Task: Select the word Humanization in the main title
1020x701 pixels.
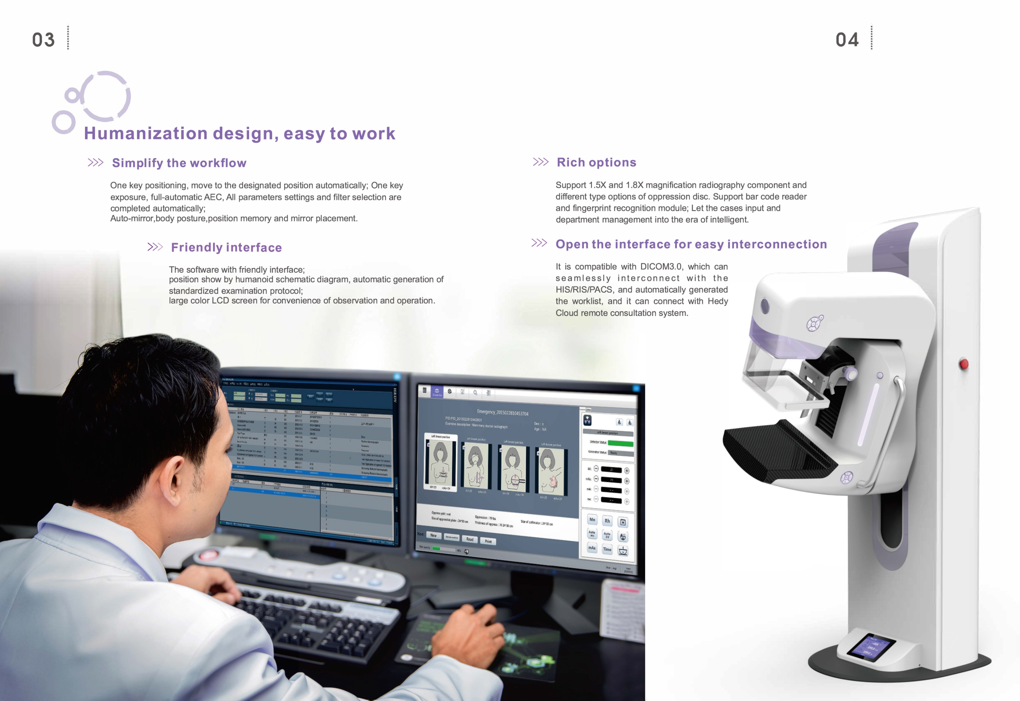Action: pos(145,133)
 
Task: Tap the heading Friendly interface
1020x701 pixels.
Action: pos(226,247)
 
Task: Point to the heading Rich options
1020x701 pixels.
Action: pos(596,163)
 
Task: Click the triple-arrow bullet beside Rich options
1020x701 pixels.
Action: pos(540,162)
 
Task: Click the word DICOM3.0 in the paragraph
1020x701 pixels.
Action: pos(661,267)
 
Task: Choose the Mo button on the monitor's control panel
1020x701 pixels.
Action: pos(592,520)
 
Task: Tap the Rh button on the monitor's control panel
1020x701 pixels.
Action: pos(607,521)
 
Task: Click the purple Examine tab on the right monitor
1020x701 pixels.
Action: pos(437,392)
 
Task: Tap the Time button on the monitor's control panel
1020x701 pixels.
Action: pos(607,549)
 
